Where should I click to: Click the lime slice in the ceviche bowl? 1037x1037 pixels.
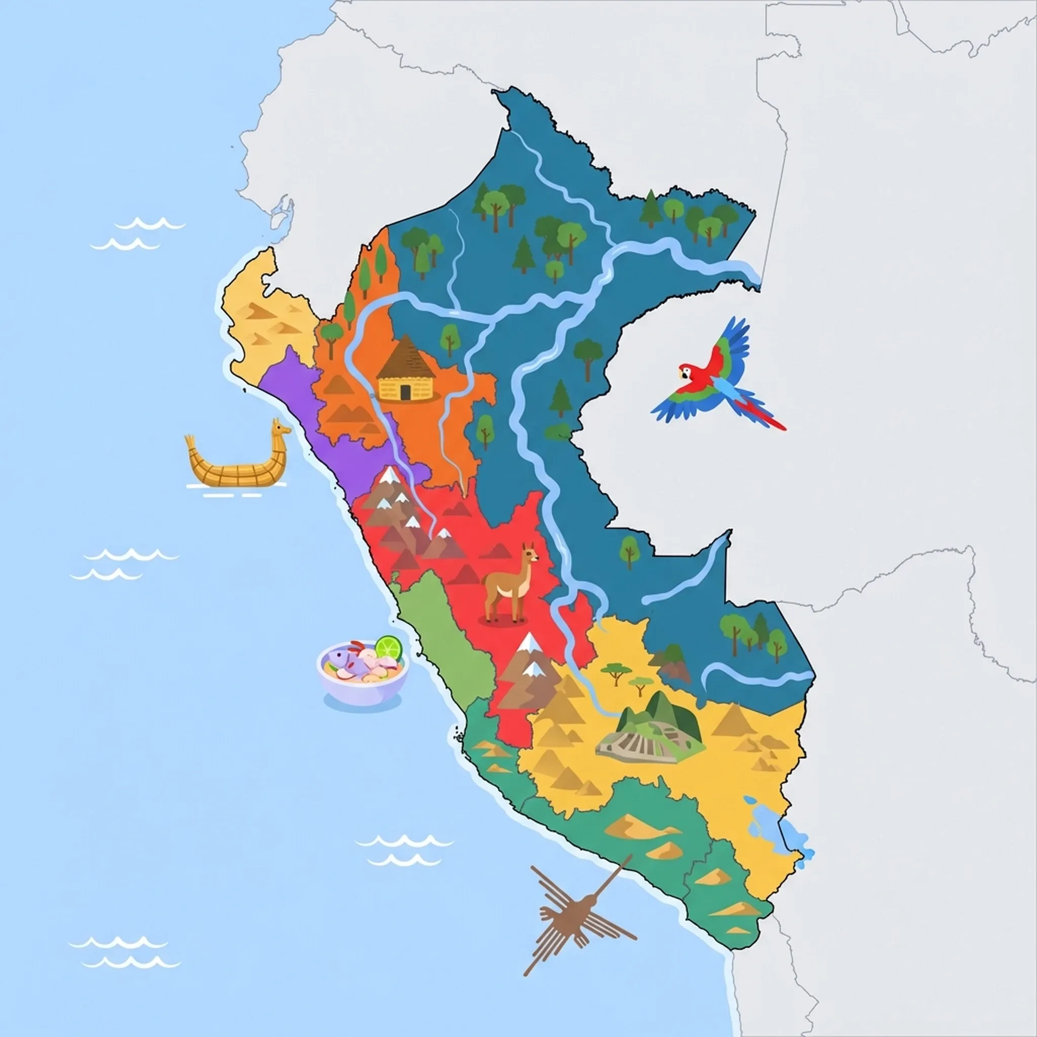[388, 647]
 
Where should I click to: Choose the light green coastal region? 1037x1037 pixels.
[446, 633]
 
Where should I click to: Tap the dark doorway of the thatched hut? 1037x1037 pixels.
[405, 392]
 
